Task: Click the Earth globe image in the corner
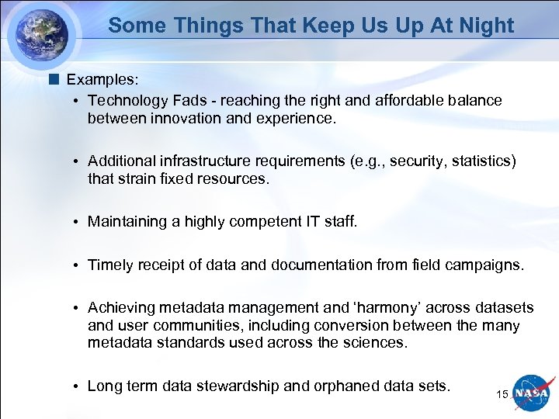tap(40, 33)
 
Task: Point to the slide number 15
tap(502, 395)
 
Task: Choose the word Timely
tap(111, 265)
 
